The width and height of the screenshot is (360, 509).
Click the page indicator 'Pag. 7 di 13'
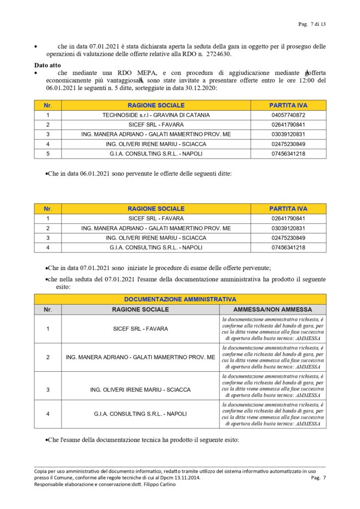click(x=312, y=24)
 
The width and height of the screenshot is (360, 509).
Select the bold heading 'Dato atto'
click(x=47, y=65)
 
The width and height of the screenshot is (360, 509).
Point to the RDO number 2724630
click(x=218, y=54)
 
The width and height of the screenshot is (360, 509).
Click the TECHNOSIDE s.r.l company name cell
click(x=156, y=115)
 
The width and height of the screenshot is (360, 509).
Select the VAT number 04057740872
click(x=288, y=115)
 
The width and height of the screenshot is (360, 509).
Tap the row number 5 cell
click(x=48, y=154)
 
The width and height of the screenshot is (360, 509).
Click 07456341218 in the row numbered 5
click(x=288, y=154)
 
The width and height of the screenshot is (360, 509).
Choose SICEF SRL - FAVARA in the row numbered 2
click(x=156, y=124)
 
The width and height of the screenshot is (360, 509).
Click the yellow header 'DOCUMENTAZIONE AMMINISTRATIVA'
click(x=180, y=300)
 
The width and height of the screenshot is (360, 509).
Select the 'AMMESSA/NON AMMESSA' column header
click(x=273, y=309)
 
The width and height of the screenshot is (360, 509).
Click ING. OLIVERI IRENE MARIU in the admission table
click(x=141, y=390)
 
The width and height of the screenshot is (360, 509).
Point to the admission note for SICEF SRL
click(x=273, y=329)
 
